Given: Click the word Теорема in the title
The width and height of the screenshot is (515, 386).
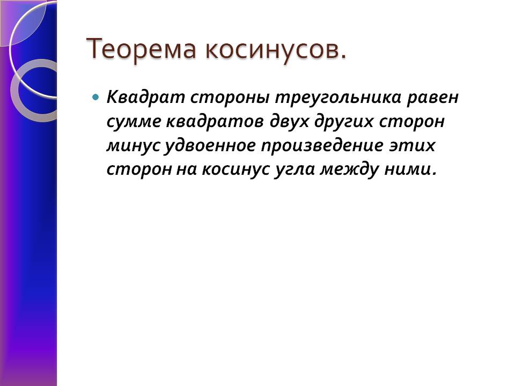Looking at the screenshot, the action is [x=142, y=49].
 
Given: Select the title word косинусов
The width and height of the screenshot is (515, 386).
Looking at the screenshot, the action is [x=276, y=49].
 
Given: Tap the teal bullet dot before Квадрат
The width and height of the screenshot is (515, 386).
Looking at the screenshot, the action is [x=95, y=97].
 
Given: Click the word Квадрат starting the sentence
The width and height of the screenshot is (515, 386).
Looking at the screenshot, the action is [x=145, y=98].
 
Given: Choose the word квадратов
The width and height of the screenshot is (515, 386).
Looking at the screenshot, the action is [x=215, y=122].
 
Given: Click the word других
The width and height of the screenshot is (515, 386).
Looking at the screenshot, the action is [x=344, y=122].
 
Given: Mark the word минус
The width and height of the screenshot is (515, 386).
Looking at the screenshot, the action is [x=133, y=146].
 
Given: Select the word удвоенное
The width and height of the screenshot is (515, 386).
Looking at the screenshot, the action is [x=210, y=145].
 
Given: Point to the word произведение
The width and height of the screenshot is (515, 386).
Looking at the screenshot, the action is [x=322, y=145].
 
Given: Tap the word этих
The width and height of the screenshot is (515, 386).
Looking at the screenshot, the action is [x=412, y=146].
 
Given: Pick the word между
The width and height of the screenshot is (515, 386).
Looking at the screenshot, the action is [x=349, y=169].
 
